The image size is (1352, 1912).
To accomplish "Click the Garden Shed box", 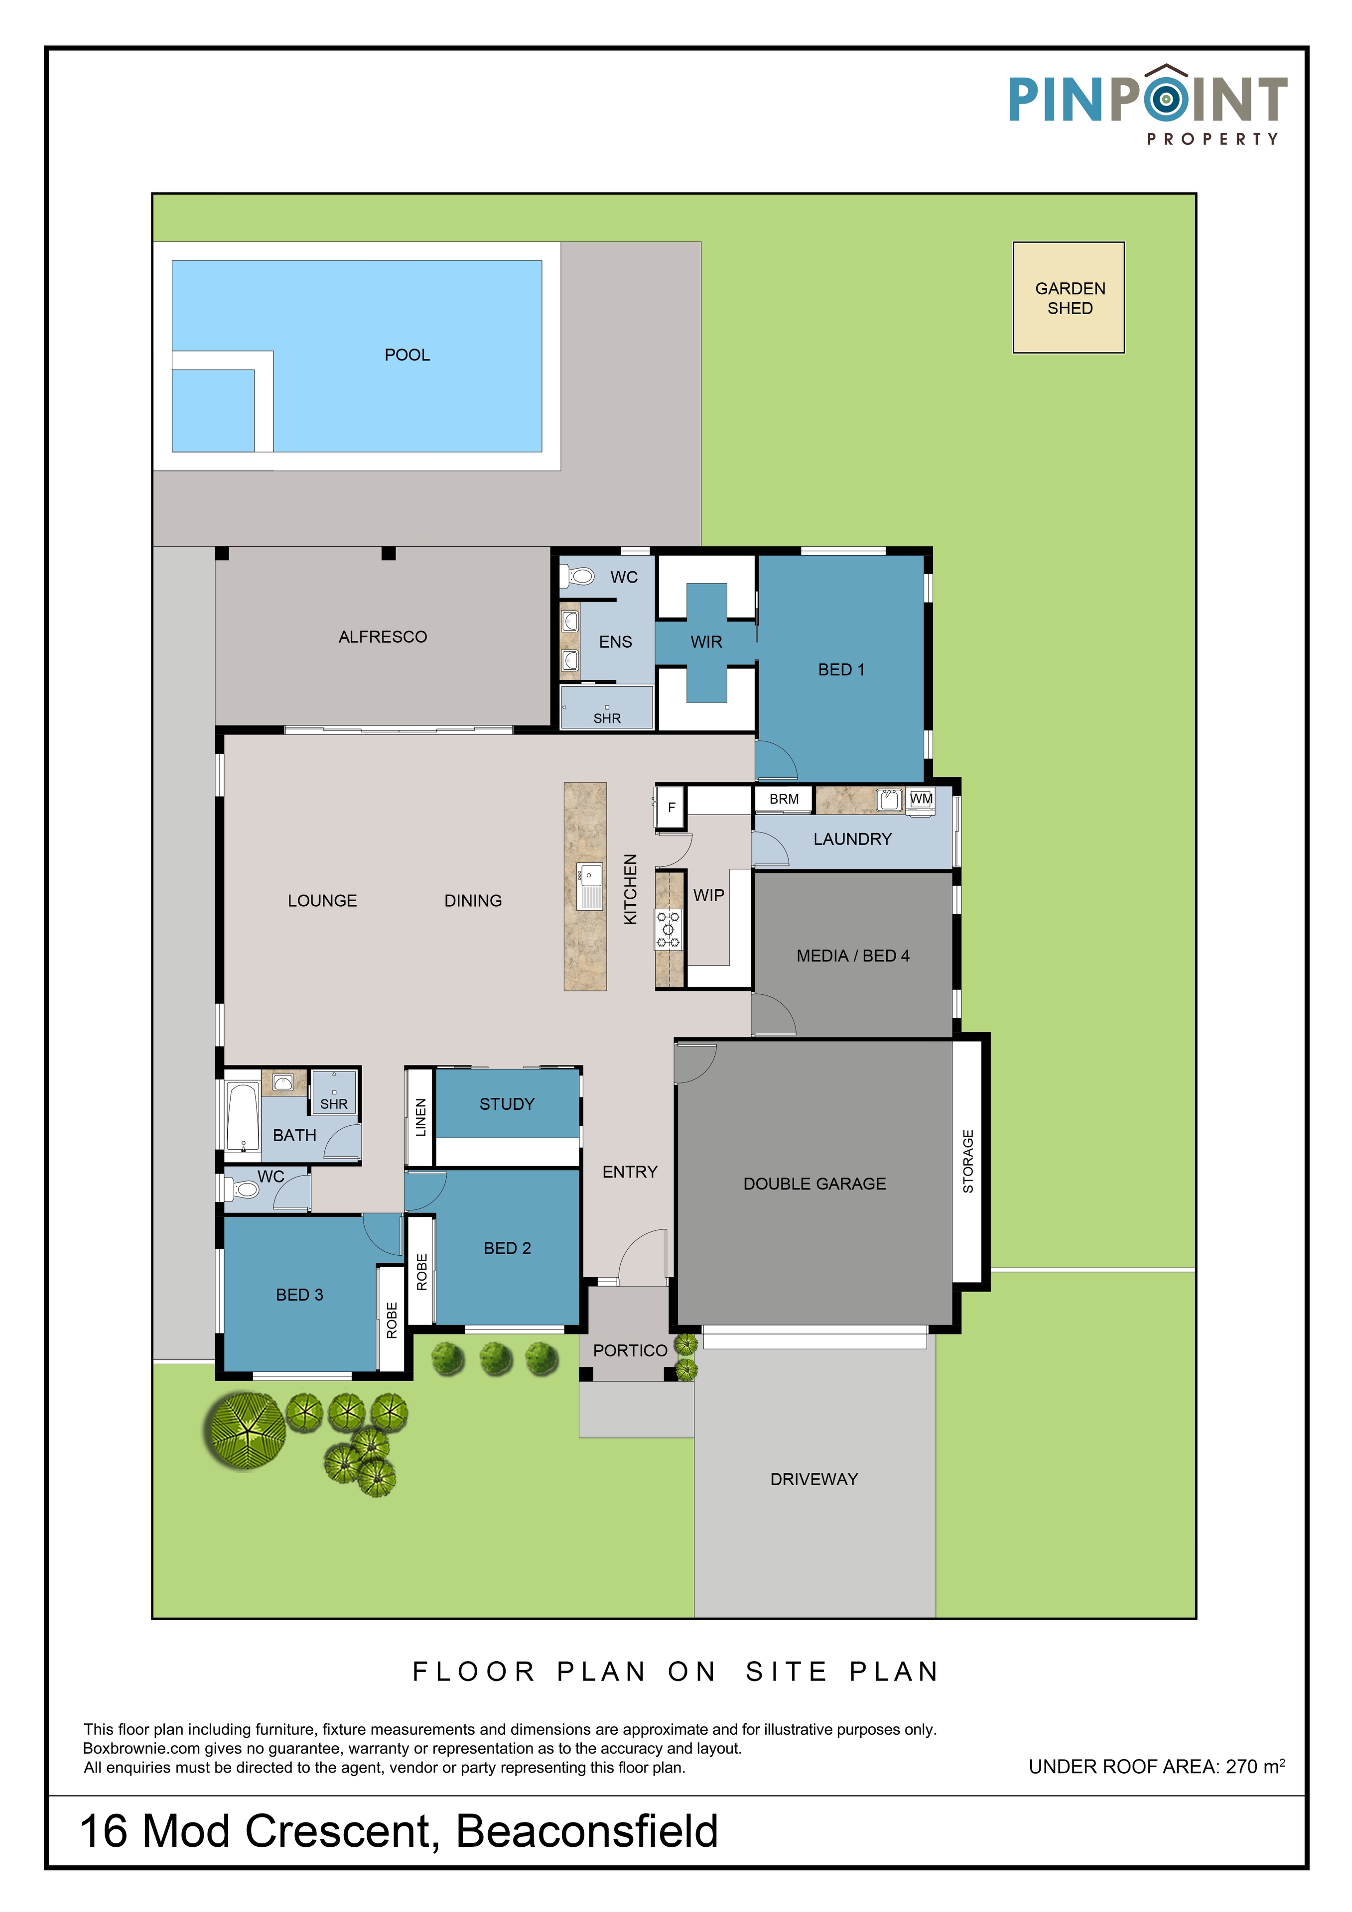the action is (1069, 297).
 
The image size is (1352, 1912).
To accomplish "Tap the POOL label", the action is (407, 355).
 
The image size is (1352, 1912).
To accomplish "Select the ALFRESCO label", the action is (383, 637).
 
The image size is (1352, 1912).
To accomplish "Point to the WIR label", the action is (706, 642).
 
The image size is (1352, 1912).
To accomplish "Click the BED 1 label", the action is (841, 670).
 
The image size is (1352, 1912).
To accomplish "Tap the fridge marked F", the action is (671, 807).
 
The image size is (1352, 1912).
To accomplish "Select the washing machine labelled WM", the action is (921, 799).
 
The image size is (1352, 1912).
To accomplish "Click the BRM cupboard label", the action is (784, 799).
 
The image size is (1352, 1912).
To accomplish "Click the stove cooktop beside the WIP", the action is (668, 929).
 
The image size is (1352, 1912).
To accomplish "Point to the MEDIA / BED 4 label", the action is (853, 956).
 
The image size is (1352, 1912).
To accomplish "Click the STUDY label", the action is (507, 1104).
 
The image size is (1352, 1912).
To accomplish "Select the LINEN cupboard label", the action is (420, 1117).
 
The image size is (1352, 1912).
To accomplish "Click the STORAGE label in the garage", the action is (968, 1161).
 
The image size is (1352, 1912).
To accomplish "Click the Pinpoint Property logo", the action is (1148, 105).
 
